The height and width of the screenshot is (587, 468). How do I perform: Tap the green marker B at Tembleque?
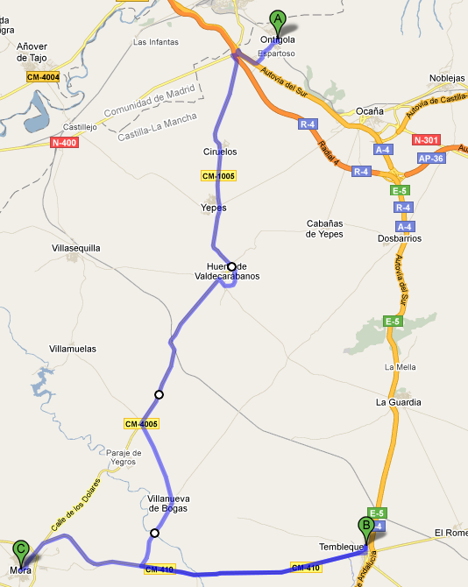(365, 527)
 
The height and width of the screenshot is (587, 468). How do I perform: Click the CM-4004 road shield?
(43, 77)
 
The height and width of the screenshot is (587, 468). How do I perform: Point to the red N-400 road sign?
(65, 142)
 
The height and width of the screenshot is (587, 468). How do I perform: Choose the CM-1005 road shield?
(218, 176)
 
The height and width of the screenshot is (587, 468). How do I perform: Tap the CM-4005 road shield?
(141, 424)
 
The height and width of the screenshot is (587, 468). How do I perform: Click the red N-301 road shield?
(426, 139)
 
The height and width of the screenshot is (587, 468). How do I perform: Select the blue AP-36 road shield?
(431, 158)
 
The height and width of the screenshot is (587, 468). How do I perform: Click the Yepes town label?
(213, 208)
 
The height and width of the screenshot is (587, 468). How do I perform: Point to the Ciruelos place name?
(220, 152)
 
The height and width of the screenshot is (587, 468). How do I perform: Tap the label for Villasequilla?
(76, 248)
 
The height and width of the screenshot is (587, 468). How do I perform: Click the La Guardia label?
(399, 402)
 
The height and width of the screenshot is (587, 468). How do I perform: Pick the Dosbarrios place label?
(400, 237)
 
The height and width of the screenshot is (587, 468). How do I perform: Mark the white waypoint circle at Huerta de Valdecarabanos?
(231, 266)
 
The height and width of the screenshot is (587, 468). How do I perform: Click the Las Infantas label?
(156, 42)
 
